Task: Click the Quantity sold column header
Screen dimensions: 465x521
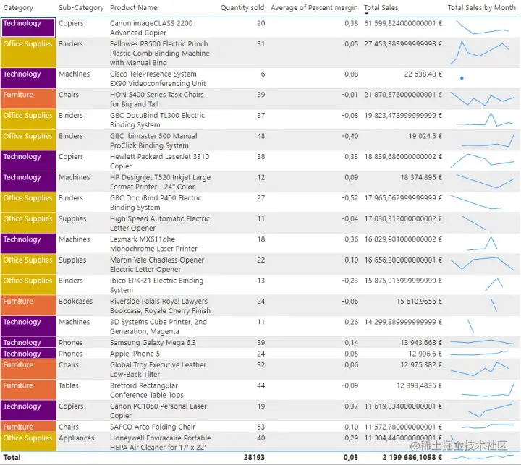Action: click(x=242, y=8)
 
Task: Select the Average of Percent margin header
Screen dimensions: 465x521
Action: click(x=314, y=8)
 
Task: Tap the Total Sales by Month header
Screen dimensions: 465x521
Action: click(x=481, y=8)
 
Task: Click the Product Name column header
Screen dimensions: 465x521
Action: click(x=133, y=8)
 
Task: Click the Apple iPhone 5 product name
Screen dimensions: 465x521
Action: click(x=135, y=354)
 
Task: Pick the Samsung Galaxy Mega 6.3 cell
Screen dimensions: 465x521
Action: click(x=153, y=343)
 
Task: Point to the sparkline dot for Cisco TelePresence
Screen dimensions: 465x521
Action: click(x=462, y=77)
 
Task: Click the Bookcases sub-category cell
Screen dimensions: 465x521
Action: click(x=76, y=302)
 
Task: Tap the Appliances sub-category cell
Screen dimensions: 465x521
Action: click(x=77, y=438)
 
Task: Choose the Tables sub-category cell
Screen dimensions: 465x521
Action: click(x=69, y=385)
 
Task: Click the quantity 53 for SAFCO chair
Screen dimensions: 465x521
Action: click(x=260, y=427)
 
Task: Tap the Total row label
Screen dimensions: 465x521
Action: click(x=12, y=458)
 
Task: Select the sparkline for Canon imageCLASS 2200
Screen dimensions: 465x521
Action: click(x=481, y=27)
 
